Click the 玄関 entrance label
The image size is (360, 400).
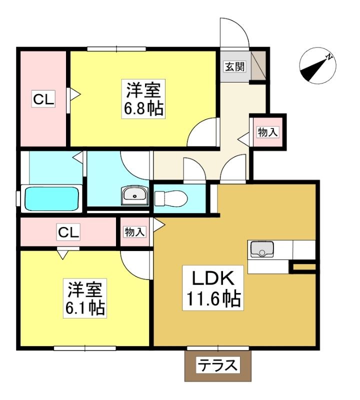click(x=234, y=66)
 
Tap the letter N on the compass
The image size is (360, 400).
click(x=329, y=57)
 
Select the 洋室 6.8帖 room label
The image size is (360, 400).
click(x=143, y=99)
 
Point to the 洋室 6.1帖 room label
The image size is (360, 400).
click(x=85, y=298)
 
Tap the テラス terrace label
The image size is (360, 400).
click(x=217, y=365)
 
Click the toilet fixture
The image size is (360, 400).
click(x=171, y=198)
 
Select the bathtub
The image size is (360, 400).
click(x=51, y=198)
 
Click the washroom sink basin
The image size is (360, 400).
click(x=134, y=195)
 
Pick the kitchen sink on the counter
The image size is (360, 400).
click(x=262, y=249)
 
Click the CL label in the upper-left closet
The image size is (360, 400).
click(x=43, y=99)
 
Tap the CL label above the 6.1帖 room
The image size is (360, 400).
click(x=68, y=232)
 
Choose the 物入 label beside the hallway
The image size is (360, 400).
click(x=267, y=132)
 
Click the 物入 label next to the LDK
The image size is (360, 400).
click(x=134, y=232)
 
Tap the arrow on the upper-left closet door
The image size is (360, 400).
click(x=75, y=94)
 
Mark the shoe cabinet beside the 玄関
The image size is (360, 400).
click(x=258, y=65)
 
